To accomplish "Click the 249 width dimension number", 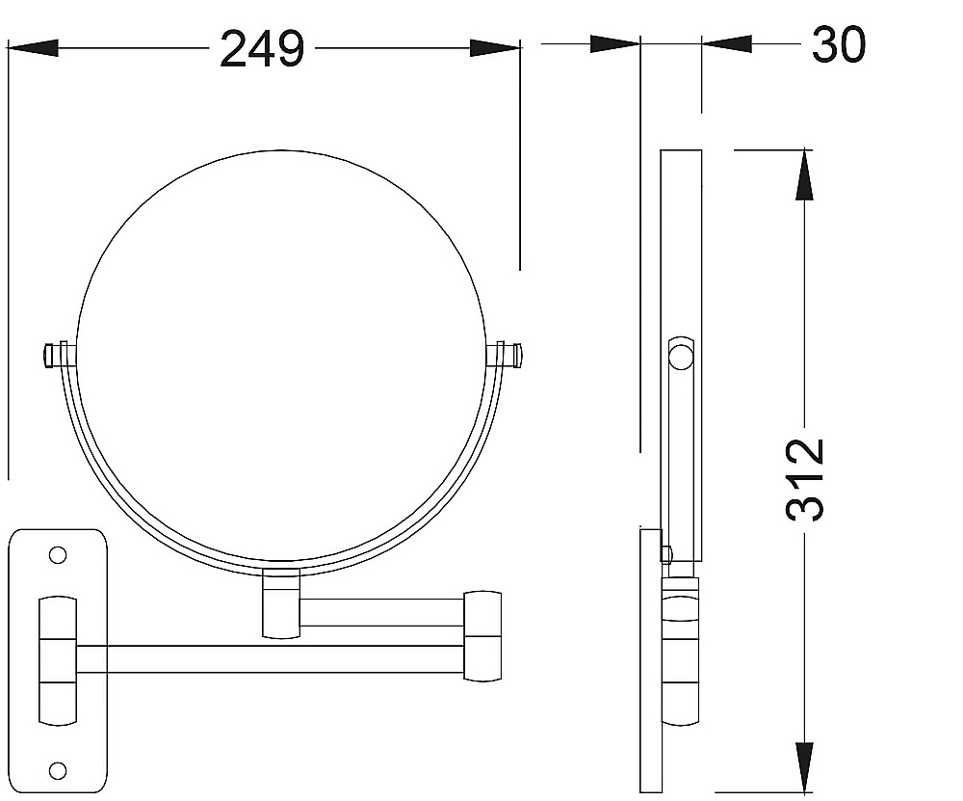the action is (x=262, y=49).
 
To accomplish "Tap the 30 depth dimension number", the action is (x=839, y=44).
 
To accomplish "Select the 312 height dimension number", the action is (x=805, y=480).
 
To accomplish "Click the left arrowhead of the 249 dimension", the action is (x=33, y=48).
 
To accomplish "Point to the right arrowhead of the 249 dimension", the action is (x=495, y=48).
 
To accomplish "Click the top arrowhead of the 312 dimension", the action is (x=804, y=174).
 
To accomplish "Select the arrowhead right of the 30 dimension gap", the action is (x=727, y=43).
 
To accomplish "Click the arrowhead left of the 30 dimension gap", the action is (x=614, y=43).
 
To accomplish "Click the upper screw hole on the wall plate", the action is (x=58, y=556).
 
